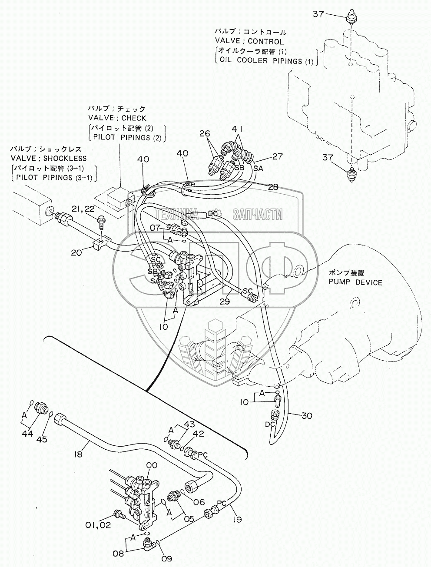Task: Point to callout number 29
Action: [x=224, y=301]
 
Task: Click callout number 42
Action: [x=198, y=445]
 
